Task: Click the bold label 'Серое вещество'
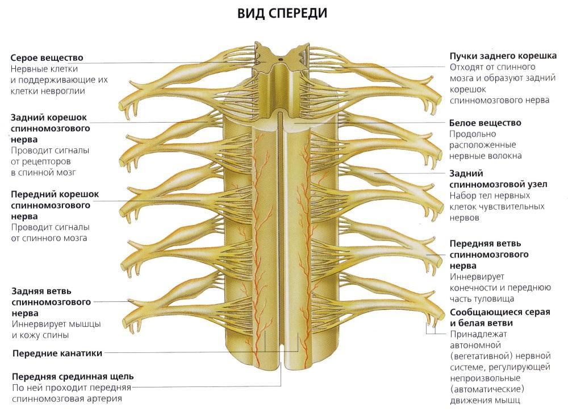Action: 47,58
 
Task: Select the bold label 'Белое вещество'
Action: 485,123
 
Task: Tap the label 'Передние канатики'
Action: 57,353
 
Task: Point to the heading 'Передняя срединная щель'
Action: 73,376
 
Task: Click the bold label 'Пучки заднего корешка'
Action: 503,56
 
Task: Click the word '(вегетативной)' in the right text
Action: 478,356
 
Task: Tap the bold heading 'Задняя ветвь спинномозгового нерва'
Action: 51,302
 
